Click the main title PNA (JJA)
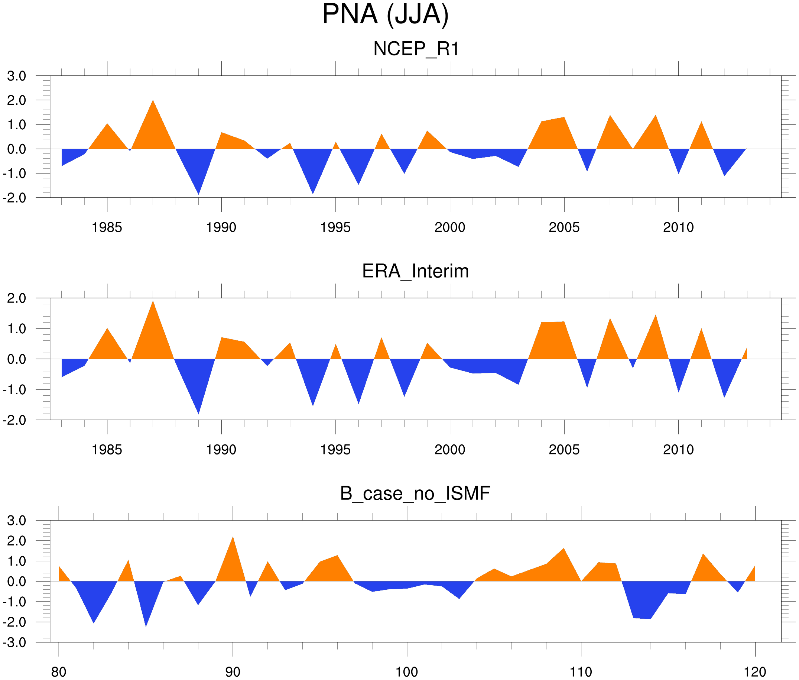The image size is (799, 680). pyautogui.click(x=385, y=14)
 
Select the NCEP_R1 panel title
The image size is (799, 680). pyautogui.click(x=416, y=49)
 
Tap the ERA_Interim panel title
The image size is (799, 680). pyautogui.click(x=415, y=271)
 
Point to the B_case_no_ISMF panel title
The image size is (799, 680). pyautogui.click(x=415, y=493)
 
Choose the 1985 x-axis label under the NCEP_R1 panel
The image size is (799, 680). pyautogui.click(x=107, y=227)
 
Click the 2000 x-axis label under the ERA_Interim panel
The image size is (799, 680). pyautogui.click(x=449, y=450)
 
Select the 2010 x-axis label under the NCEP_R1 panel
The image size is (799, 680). pyautogui.click(x=678, y=227)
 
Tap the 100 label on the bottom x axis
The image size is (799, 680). pyautogui.click(x=407, y=672)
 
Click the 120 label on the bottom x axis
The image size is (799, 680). pyautogui.click(x=755, y=672)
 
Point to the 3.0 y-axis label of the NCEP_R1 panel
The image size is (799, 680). pyautogui.click(x=17, y=76)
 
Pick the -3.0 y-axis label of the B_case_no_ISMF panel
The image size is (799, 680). pyautogui.click(x=14, y=642)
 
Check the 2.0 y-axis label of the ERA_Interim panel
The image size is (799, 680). pyautogui.click(x=17, y=298)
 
